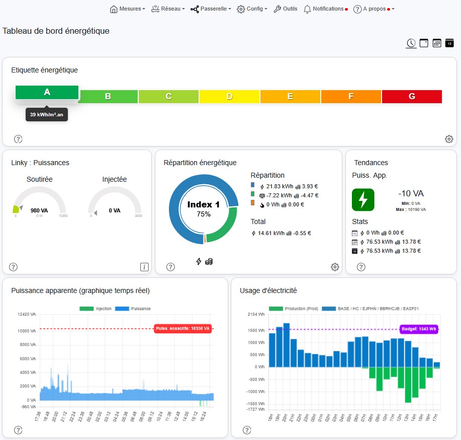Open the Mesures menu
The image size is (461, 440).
pos(127,9)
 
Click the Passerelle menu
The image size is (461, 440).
pos(211,9)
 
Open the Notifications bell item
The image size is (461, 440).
pos(324,9)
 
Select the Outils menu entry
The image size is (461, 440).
pos(285,9)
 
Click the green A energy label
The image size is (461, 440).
pos(47,92)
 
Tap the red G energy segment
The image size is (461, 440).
pos(412,96)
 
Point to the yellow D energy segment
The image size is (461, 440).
pos(229,96)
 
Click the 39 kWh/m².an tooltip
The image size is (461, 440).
pos(47,115)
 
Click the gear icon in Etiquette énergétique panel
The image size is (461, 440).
pos(449,139)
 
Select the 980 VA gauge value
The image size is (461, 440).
pos(39,211)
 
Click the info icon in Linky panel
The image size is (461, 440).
pos(144,267)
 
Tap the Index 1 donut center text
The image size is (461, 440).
pos(203,205)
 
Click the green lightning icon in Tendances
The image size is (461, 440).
pos(363,199)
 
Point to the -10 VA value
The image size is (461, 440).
pos(411,193)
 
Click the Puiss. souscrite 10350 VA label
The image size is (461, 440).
pos(182,329)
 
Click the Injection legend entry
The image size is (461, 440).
pos(96,309)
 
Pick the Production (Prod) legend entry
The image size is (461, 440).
pos(292,309)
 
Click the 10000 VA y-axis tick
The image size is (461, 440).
pos(26,331)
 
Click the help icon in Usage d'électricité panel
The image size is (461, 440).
pos(247,430)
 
